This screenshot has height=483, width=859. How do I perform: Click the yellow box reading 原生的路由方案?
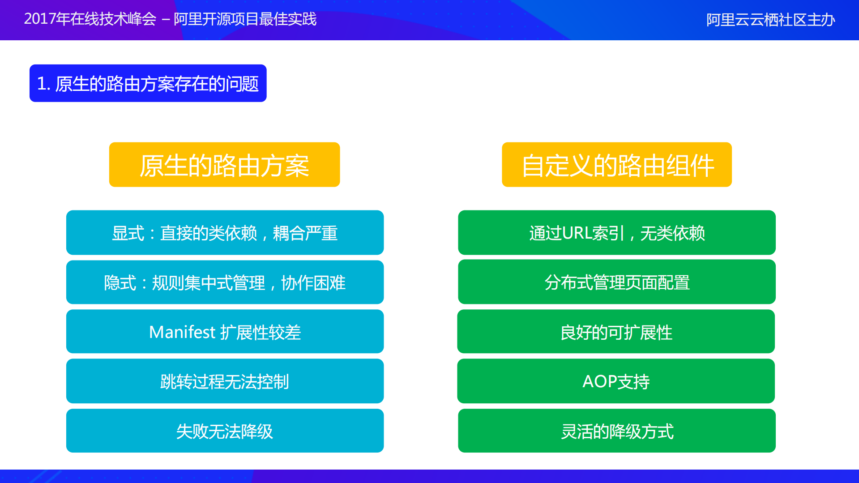(x=224, y=165)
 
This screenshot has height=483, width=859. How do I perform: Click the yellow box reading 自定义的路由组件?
(x=616, y=165)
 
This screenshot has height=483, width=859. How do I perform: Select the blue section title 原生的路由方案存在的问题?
(x=156, y=84)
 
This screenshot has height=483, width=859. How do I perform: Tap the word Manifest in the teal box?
(x=182, y=332)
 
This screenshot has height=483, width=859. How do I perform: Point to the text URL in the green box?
(x=577, y=233)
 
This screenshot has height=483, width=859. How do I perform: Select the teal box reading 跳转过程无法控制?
(x=224, y=381)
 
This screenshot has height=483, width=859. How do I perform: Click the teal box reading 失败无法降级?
(x=224, y=431)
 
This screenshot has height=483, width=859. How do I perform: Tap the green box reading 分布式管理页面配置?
(x=616, y=282)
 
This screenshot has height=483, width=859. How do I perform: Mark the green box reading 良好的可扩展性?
(x=616, y=332)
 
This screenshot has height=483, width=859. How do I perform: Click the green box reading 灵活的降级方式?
(x=616, y=431)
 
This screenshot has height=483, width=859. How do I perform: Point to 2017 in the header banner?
(x=39, y=19)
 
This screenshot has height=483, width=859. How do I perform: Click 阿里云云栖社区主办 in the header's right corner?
(x=770, y=20)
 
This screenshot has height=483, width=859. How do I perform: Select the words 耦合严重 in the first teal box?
(x=305, y=233)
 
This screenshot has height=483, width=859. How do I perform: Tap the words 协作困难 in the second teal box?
(x=313, y=282)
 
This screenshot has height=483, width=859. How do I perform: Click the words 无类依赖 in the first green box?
(x=672, y=233)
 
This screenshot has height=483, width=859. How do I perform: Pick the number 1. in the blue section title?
(x=43, y=84)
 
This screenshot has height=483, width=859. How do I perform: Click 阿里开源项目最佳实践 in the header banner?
(x=245, y=19)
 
